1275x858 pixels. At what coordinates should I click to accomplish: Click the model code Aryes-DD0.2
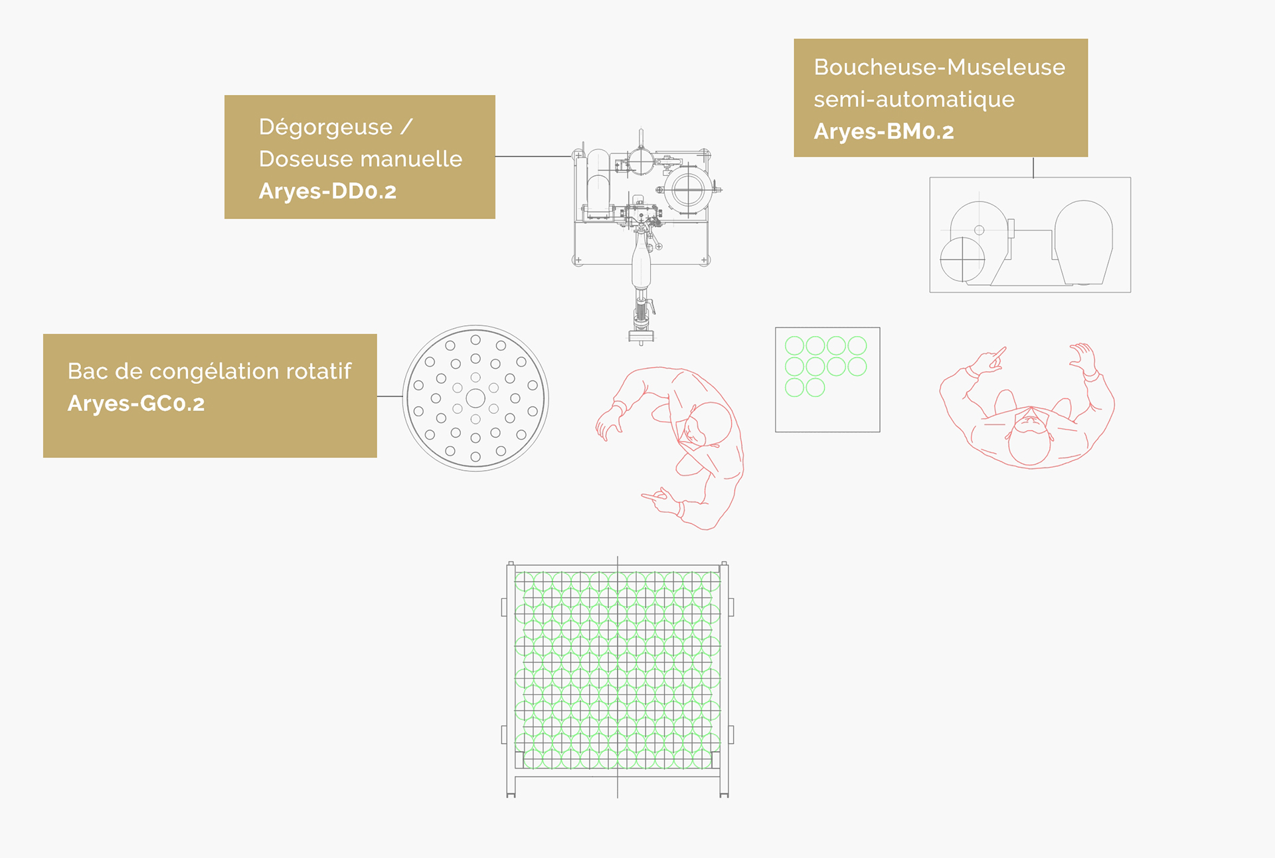[x=327, y=191]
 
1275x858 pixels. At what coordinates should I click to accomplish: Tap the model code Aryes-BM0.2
[x=884, y=131]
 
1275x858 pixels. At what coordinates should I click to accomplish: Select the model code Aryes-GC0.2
[x=136, y=403]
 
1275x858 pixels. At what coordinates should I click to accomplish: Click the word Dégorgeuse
[x=325, y=128]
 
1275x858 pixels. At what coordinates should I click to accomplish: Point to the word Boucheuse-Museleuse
[x=940, y=67]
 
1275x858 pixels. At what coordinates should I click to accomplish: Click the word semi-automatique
[x=914, y=100]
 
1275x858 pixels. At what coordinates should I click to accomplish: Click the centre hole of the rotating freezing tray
[x=475, y=398]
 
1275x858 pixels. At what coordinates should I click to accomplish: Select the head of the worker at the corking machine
[x=1029, y=440]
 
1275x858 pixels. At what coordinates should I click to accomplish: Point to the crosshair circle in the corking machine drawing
[x=962, y=259]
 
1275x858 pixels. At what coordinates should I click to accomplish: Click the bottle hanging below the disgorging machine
[x=641, y=262]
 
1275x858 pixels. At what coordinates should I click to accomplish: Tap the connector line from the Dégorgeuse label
[x=534, y=157]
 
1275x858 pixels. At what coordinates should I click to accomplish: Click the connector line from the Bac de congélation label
[x=390, y=396]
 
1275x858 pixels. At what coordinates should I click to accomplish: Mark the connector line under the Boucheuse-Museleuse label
[x=1033, y=167]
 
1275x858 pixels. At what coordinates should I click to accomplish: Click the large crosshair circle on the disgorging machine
[x=688, y=191]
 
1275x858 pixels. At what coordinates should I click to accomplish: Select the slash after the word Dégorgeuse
[x=406, y=126]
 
